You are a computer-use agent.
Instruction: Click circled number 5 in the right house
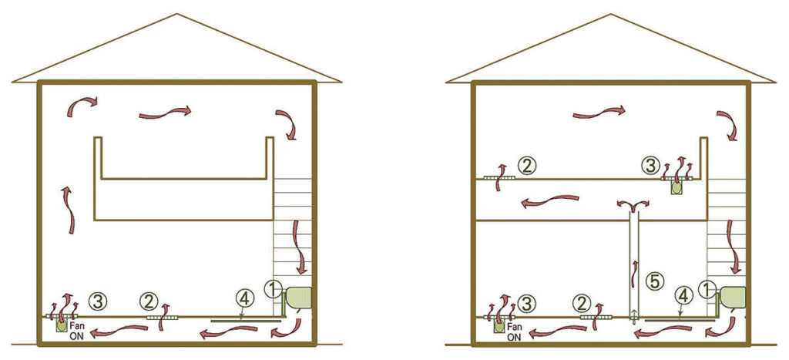point(655,281)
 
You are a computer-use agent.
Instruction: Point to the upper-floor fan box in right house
point(677,187)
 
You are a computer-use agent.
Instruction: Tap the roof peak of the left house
point(177,15)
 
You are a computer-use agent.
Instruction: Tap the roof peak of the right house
point(611,15)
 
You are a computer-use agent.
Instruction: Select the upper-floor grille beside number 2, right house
point(499,178)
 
